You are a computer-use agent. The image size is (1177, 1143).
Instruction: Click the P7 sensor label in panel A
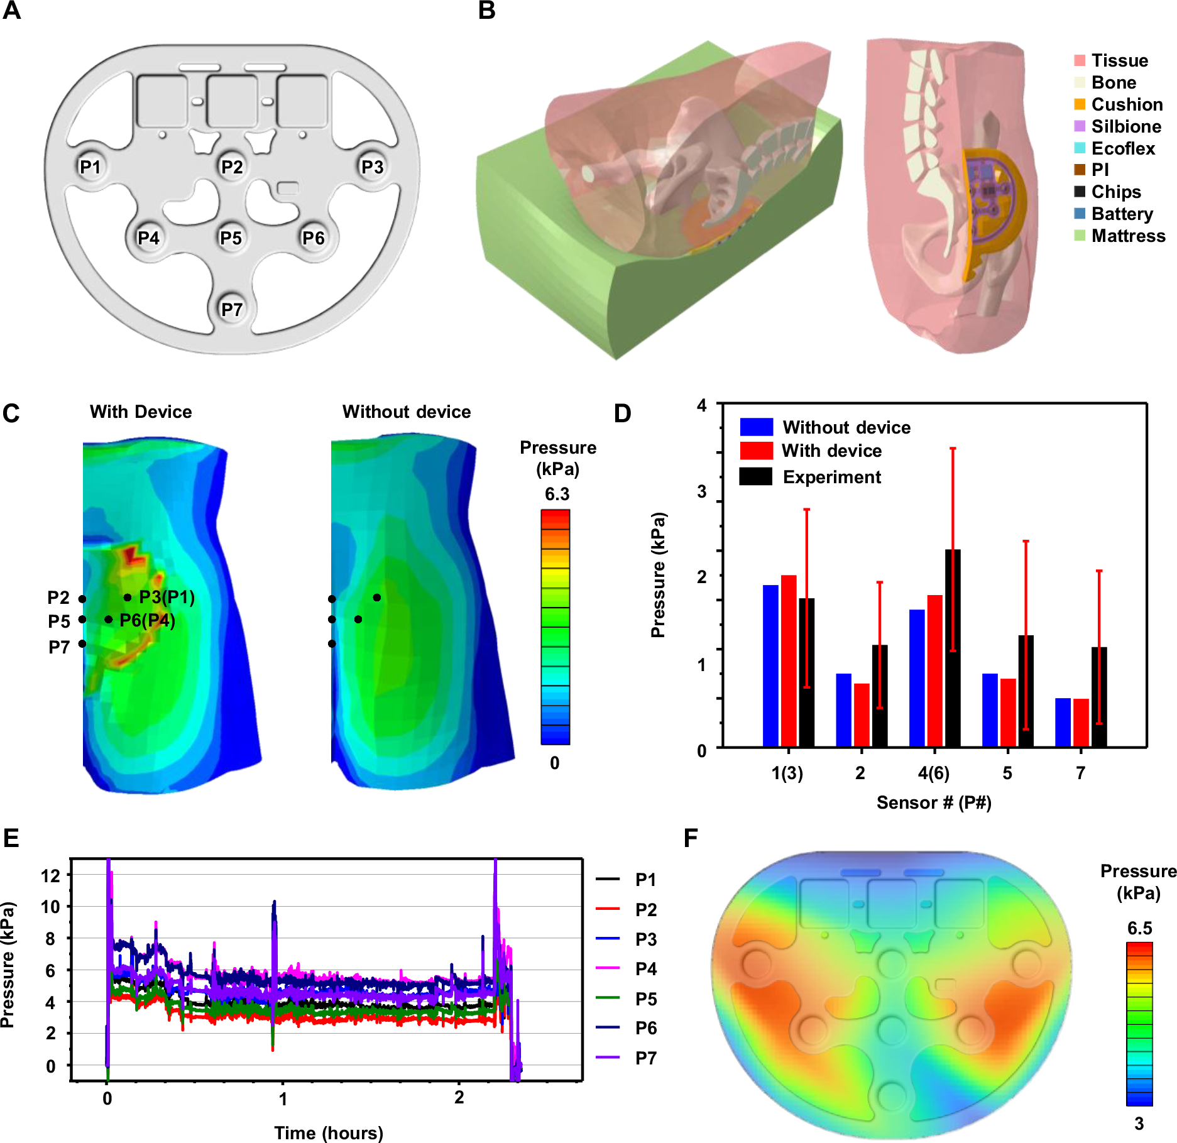coord(232,309)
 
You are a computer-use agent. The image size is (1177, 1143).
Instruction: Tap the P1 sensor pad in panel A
coord(90,167)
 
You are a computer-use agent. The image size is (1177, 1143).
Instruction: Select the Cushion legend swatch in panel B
coord(1080,104)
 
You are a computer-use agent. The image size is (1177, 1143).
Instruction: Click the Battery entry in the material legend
coord(1122,214)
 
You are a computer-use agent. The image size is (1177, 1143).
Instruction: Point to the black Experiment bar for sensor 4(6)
coord(953,647)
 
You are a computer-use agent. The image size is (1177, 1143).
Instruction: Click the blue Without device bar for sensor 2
coord(843,709)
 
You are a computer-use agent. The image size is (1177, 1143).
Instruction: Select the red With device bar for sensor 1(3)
coord(789,660)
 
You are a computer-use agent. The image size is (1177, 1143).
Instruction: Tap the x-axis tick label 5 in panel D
coord(1007,773)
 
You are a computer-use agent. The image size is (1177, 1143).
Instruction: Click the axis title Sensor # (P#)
coord(934,802)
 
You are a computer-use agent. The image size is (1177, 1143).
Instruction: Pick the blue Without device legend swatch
coord(757,427)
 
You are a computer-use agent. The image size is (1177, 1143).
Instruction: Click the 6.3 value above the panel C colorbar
coord(557,494)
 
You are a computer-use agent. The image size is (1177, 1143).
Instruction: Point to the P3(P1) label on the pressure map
coord(167,597)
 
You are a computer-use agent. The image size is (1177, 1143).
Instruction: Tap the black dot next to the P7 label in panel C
coord(82,643)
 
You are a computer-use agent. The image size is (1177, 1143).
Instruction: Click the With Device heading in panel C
coord(141,412)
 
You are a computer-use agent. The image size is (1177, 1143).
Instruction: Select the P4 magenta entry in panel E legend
coord(645,968)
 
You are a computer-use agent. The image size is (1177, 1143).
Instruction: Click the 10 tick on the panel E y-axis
coord(50,907)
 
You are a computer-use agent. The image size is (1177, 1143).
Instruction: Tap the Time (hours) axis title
coord(328,1132)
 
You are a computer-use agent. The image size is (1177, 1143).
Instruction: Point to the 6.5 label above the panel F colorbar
coord(1139,928)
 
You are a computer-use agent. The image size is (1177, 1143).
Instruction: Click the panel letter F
coord(691,838)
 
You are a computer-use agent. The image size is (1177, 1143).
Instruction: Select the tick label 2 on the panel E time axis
coord(459,1098)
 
